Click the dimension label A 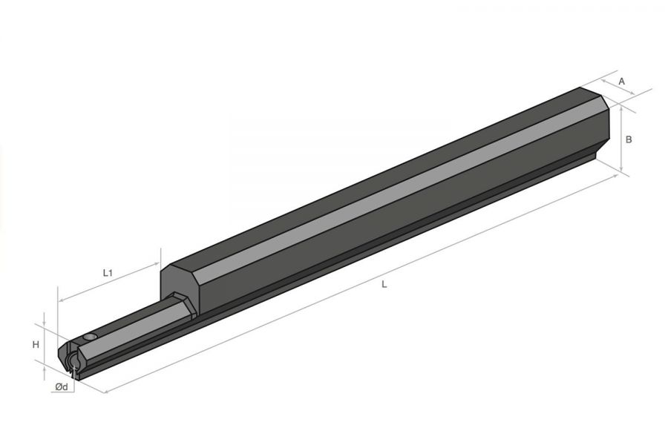click(621, 81)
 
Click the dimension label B click(629, 139)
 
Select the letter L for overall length click(384, 284)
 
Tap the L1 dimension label click(108, 273)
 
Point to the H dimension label click(36, 344)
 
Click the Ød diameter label click(62, 386)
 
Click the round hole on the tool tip click(91, 337)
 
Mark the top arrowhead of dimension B click(622, 109)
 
